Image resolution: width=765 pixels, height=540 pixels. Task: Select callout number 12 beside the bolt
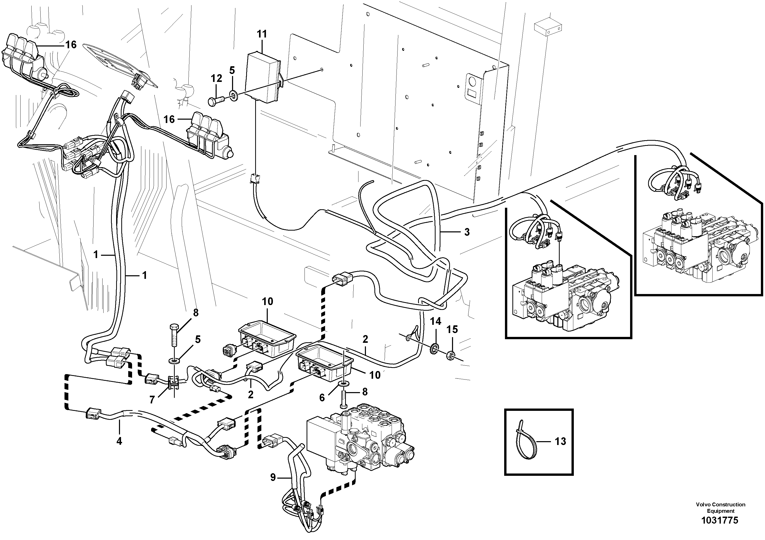pos(216,79)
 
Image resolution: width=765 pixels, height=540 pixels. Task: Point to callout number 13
pos(560,441)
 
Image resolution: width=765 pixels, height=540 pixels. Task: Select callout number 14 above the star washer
pos(436,321)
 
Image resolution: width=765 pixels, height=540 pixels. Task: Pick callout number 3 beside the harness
pos(467,232)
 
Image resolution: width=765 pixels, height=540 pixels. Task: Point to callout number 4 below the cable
pos(119,441)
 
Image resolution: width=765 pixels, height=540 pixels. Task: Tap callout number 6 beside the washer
pos(322,398)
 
